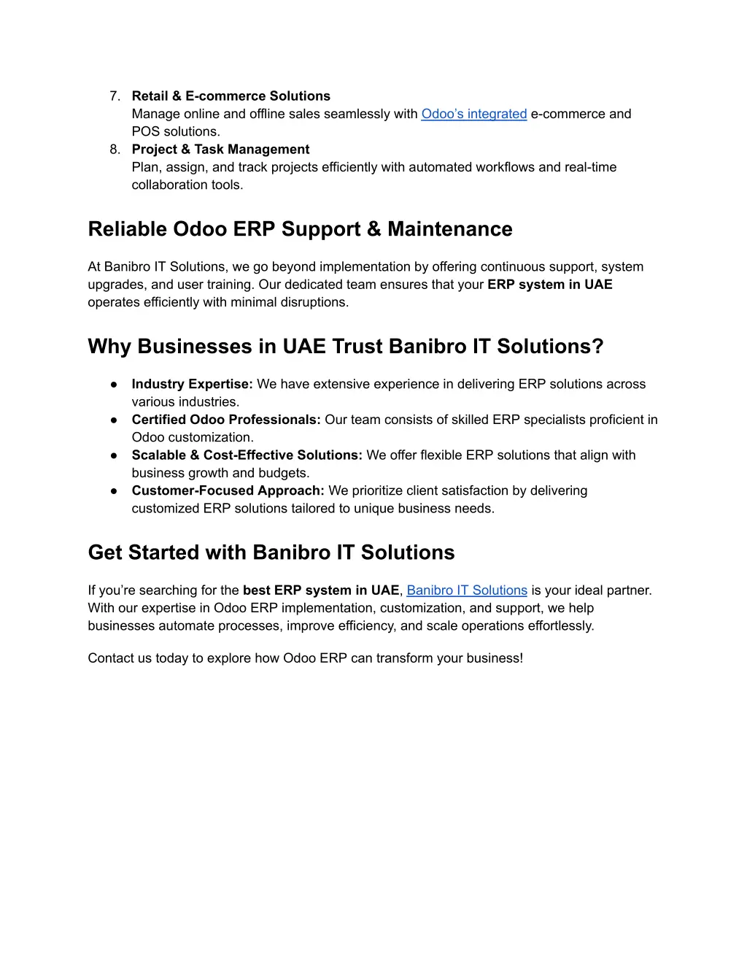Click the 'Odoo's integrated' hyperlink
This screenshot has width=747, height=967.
pyautogui.click(x=473, y=114)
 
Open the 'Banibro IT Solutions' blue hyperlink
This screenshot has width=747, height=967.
pyautogui.click(x=466, y=590)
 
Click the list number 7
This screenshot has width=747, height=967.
pyautogui.click(x=114, y=96)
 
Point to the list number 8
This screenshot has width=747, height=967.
pyautogui.click(x=114, y=150)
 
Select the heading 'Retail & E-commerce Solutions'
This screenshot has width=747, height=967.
pyautogui.click(x=231, y=96)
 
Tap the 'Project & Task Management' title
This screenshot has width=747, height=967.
pyautogui.click(x=220, y=150)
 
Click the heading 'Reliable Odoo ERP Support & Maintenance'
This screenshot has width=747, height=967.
pyautogui.click(x=300, y=229)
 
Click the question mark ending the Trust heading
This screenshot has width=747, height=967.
pyautogui.click(x=598, y=347)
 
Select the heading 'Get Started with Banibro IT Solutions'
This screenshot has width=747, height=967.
pyautogui.click(x=271, y=552)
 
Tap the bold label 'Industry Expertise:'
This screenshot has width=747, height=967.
pyautogui.click(x=192, y=385)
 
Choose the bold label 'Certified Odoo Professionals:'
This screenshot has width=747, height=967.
pyautogui.click(x=226, y=420)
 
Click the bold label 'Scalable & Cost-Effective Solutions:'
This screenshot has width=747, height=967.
pyautogui.click(x=247, y=455)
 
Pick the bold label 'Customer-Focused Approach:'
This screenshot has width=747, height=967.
pyautogui.click(x=228, y=490)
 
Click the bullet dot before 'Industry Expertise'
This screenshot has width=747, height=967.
pyautogui.click(x=115, y=385)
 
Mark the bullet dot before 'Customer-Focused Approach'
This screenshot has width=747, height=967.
pyautogui.click(x=115, y=490)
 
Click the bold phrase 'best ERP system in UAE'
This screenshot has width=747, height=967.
pyautogui.click(x=321, y=590)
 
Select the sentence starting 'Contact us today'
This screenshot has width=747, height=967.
pyautogui.click(x=305, y=658)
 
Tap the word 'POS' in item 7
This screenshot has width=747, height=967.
pyautogui.click(x=146, y=132)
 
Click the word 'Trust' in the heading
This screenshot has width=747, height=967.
pyautogui.click(x=357, y=347)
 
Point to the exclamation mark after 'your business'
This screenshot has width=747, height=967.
pyautogui.click(x=521, y=658)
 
